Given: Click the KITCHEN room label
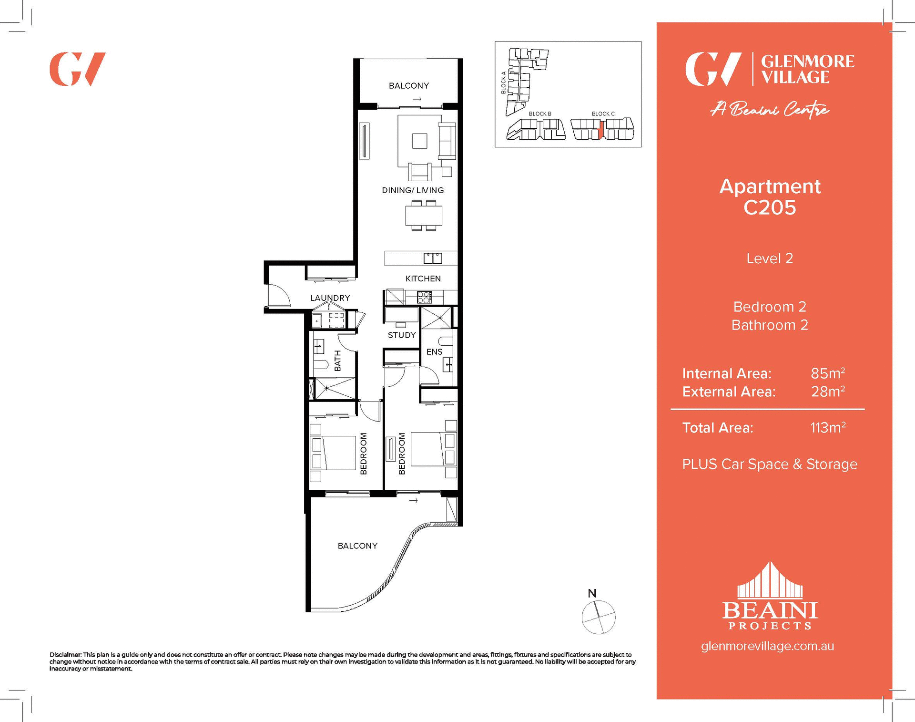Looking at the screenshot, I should point(423,278).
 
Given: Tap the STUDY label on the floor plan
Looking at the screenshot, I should point(401,335).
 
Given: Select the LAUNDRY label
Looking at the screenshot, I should point(330,298).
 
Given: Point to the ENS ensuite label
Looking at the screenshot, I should point(434,352).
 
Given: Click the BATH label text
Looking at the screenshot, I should point(338,361).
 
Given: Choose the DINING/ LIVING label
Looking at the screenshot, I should point(413,190).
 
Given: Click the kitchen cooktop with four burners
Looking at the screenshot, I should point(424,298).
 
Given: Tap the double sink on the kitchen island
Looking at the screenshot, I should point(433,258).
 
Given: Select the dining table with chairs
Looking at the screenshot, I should point(424,216).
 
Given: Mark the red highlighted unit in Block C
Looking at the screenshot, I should point(601,129).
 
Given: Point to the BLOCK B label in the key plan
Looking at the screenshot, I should point(539,114).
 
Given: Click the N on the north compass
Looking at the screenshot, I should point(592,594).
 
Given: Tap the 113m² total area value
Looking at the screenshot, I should point(827,428).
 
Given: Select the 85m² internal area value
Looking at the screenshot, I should point(827,373).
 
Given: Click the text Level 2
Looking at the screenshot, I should point(769,258).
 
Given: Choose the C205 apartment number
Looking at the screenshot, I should point(769,208).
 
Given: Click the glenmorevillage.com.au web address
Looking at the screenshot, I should point(767,646).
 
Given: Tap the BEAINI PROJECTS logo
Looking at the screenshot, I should point(770,598).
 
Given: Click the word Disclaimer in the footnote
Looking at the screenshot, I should point(65,655).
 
